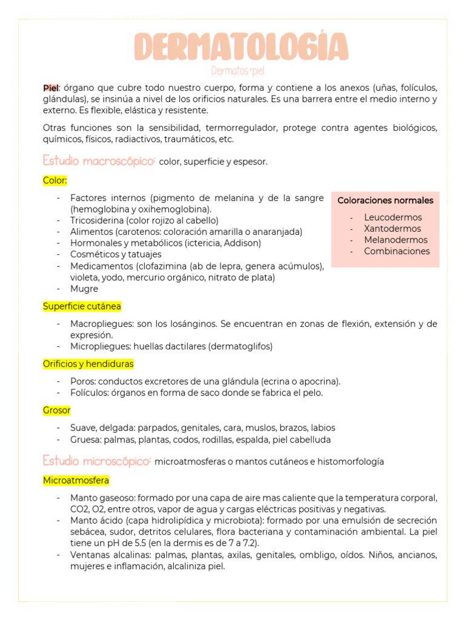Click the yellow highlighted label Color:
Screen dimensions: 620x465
(x=55, y=180)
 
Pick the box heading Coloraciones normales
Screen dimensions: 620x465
(x=385, y=200)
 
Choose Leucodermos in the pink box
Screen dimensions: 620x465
(x=393, y=217)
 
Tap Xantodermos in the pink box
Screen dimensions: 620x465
(x=392, y=228)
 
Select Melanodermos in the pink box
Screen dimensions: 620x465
(x=394, y=240)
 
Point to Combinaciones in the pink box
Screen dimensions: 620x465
(x=397, y=251)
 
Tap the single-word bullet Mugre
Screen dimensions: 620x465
(x=84, y=289)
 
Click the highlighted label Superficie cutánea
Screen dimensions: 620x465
(x=82, y=306)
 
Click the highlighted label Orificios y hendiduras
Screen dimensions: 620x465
(x=88, y=364)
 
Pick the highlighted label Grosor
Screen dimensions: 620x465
(x=57, y=410)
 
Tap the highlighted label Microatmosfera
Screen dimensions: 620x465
(x=76, y=480)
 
